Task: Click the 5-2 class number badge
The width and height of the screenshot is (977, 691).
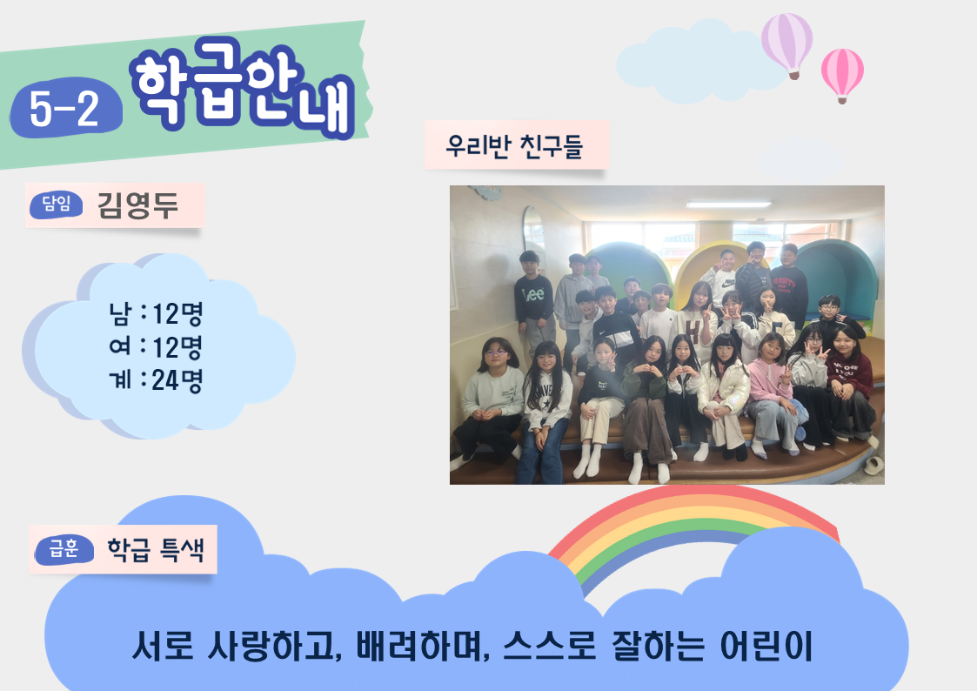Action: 65,108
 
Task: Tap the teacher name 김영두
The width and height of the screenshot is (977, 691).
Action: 137,205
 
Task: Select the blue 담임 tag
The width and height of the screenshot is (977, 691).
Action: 56,205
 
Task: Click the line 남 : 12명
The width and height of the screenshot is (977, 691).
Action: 156,313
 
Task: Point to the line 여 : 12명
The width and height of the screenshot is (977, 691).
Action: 156,346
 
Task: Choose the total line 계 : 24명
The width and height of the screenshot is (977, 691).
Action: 156,379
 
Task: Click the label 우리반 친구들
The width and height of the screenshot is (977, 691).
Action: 514,146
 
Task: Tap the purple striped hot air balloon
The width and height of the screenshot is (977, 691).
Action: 787,45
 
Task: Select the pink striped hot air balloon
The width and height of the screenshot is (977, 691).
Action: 842,75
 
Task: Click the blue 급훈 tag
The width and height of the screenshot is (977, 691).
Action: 64,549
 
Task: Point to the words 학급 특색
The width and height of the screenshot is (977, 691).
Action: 156,549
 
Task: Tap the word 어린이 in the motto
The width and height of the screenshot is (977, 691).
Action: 766,646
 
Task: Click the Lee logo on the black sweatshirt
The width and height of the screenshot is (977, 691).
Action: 533,293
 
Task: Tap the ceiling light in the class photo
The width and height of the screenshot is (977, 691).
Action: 728,205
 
